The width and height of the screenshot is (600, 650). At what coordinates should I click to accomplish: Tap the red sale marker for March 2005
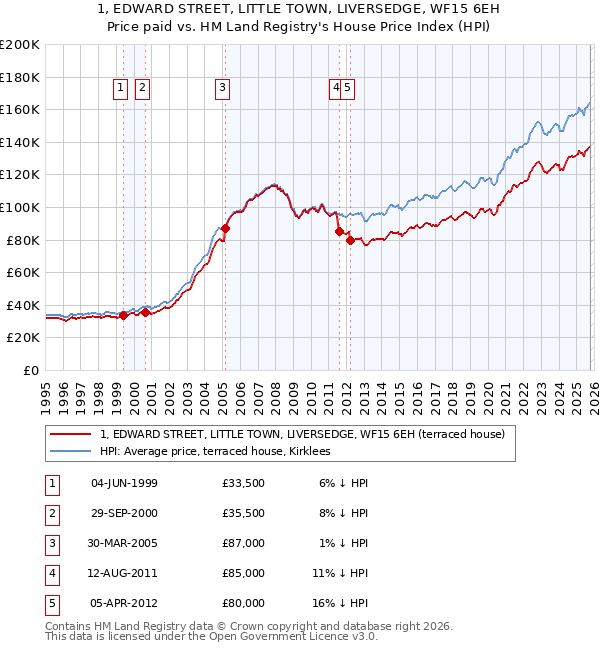pos(225,228)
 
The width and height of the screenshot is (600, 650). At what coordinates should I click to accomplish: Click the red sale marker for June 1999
pos(123,315)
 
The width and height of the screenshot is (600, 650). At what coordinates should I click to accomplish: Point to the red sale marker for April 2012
pos(350,240)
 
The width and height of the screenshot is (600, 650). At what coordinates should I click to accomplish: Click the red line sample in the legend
pos(69,434)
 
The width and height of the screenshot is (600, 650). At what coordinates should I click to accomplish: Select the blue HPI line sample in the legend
pos(69,451)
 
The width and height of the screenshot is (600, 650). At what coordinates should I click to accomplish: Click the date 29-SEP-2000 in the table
pos(124,513)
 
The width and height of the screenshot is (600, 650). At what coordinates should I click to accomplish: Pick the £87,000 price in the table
pos(244,543)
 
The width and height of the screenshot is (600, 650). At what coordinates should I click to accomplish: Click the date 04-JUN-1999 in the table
pos(124,483)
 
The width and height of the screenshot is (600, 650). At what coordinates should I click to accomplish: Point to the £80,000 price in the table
pos(244,603)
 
